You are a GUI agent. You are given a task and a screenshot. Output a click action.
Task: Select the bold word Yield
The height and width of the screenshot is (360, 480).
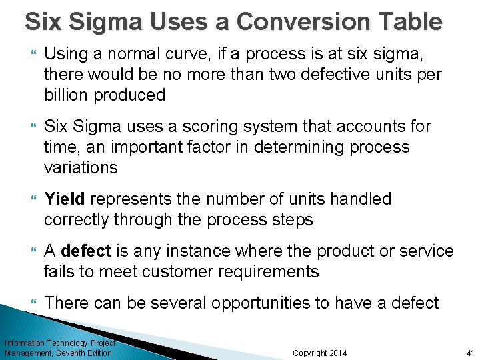click(64, 199)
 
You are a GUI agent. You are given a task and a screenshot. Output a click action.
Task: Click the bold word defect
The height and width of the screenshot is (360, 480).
click(85, 251)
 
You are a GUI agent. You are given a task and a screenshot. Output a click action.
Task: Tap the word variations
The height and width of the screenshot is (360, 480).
click(80, 167)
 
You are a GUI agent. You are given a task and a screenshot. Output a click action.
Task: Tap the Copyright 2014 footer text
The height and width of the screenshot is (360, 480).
click(319, 353)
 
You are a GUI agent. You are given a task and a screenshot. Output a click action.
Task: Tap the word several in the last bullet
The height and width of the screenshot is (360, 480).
click(179, 303)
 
